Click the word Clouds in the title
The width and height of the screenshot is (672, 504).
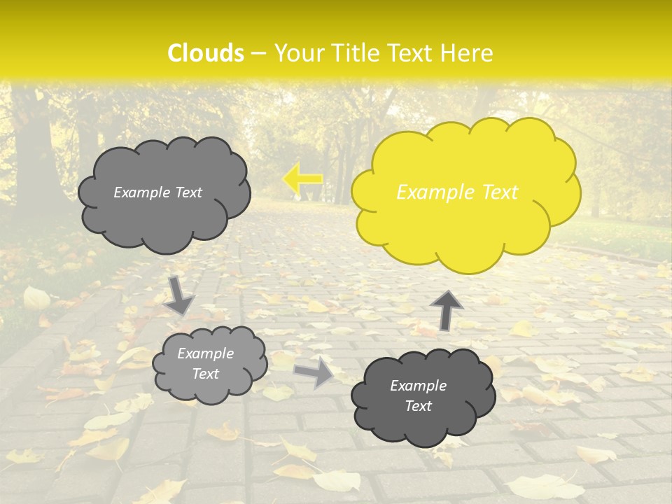point(206,53)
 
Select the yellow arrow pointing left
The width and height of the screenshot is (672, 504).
point(302,179)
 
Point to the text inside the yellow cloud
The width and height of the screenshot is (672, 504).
point(457,192)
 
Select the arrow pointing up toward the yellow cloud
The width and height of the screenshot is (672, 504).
point(446,309)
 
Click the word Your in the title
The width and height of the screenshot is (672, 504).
point(295,53)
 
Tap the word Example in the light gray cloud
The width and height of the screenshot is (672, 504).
point(205,353)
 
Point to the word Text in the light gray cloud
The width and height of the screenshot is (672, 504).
point(205,374)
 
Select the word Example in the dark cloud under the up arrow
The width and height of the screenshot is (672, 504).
point(418,386)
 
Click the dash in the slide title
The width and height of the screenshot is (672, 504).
point(258,53)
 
